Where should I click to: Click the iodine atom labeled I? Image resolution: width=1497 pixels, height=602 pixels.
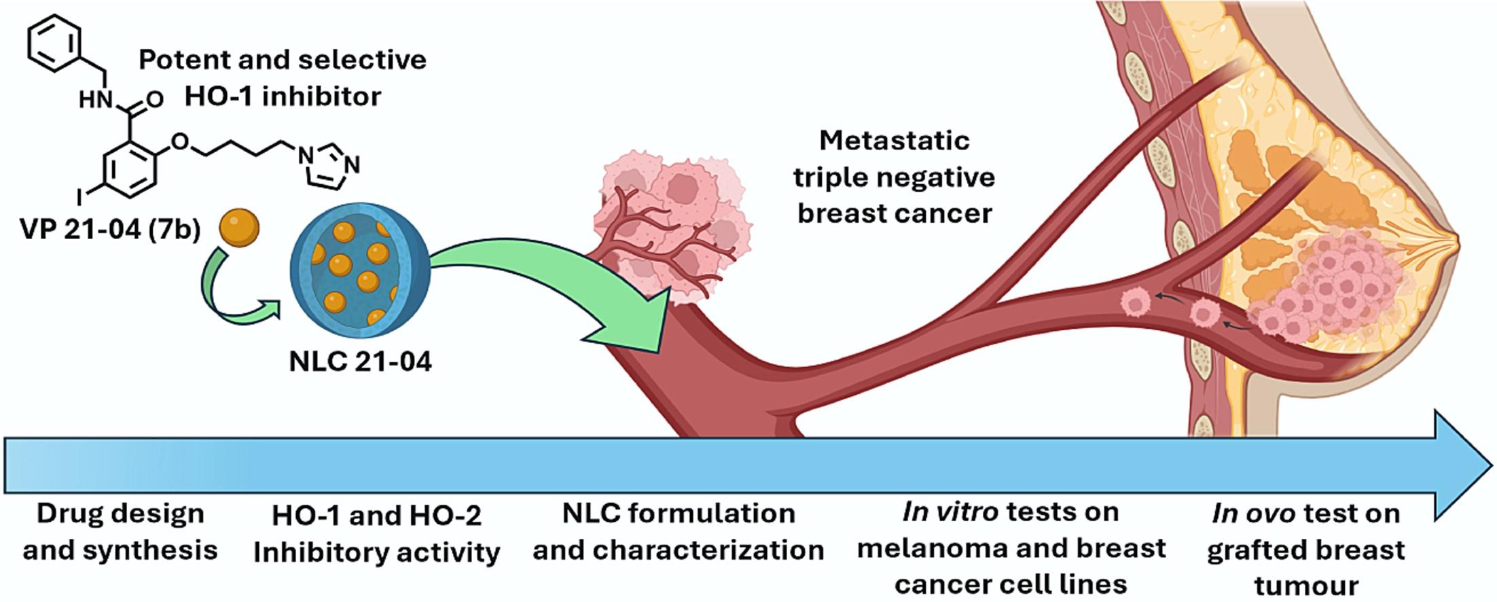(x=80, y=198)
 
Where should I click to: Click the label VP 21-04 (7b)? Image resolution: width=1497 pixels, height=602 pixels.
(x=110, y=230)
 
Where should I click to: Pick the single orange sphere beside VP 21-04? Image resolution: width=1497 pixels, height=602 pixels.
(x=238, y=227)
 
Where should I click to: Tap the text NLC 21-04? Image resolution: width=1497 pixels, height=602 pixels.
(x=360, y=361)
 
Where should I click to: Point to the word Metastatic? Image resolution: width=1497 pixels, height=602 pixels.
(x=894, y=141)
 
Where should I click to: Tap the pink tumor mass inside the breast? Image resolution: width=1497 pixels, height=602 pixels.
(x=1331, y=285)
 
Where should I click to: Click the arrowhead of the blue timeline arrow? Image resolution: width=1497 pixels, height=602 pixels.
(x=1460, y=465)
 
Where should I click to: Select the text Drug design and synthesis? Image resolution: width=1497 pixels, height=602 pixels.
(x=120, y=531)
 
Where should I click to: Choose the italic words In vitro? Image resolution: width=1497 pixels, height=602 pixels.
(x=950, y=512)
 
